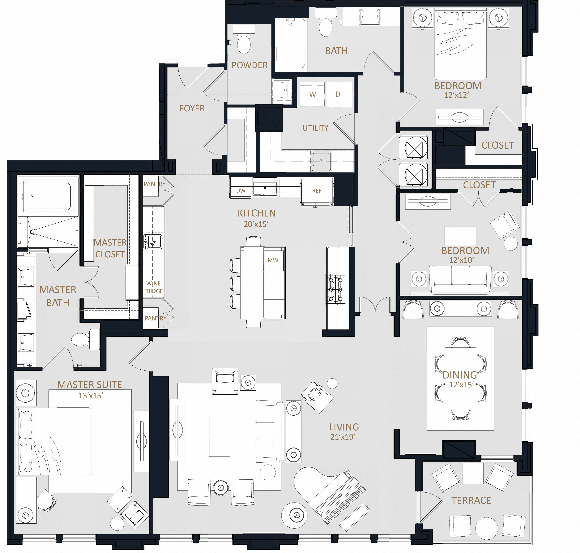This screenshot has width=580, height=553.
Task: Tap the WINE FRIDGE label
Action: click(153, 287)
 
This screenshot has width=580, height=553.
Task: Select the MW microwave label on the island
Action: click(273, 260)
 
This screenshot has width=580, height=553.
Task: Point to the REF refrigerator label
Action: click(317, 191)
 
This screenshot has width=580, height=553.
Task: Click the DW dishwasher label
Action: click(241, 191)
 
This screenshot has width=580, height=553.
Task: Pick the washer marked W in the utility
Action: click(312, 94)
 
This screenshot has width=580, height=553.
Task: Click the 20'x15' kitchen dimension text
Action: click(256, 224)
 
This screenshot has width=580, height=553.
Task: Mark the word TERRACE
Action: click(471, 500)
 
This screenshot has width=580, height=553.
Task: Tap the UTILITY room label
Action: click(315, 128)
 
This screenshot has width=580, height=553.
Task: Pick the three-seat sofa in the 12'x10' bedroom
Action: click(460, 279)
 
